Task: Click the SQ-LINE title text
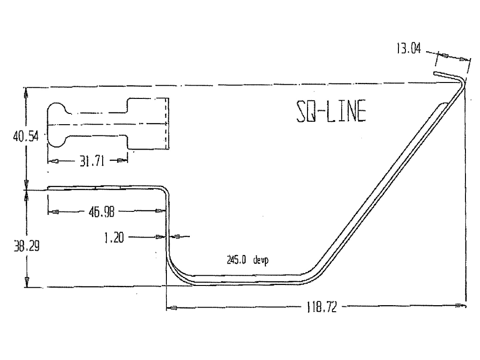pos(331,112)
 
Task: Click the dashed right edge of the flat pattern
pos(168,124)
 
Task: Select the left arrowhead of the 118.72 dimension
pos(172,308)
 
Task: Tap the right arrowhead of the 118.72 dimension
pos(461,307)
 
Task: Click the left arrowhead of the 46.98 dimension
pos(53,212)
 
